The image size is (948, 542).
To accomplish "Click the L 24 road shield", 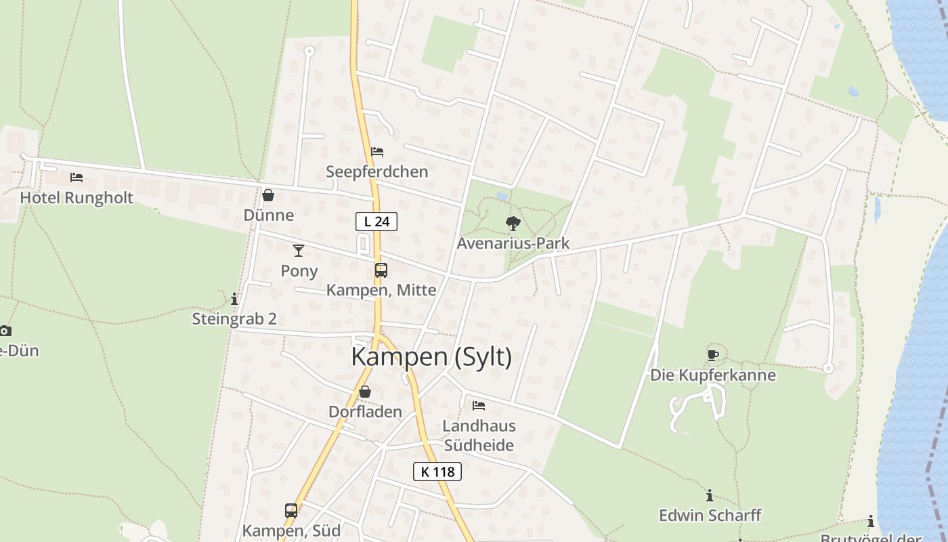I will point(376,221).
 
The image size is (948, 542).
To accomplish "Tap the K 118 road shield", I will point(437,472).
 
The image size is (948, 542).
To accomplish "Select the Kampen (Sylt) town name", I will point(431,356).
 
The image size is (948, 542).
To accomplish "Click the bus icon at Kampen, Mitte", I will point(381,270).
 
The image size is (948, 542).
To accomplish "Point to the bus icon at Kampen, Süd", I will point(291,511).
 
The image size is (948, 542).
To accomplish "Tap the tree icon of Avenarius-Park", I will point(513,223).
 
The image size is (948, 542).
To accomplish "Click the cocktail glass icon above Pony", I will point(298,251).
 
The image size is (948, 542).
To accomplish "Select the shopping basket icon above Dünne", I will point(268,195).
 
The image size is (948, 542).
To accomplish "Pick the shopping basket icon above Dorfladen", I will point(365,392).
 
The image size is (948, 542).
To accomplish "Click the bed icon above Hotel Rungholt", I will point(77,178).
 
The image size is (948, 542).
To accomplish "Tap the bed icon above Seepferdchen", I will point(377,151).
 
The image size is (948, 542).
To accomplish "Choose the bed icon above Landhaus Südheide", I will point(479,406).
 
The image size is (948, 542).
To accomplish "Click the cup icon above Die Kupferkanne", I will point(713,354).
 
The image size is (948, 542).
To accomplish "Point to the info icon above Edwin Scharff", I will point(710,495).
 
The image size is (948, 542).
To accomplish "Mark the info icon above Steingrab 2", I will point(234,298).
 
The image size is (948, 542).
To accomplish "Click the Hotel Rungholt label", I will point(77,198).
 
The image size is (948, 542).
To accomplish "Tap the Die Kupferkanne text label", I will point(713,375).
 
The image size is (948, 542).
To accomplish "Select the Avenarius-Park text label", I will point(513,243).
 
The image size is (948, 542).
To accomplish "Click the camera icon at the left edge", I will point(5,331).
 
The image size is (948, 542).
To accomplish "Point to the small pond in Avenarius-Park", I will point(501,196).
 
